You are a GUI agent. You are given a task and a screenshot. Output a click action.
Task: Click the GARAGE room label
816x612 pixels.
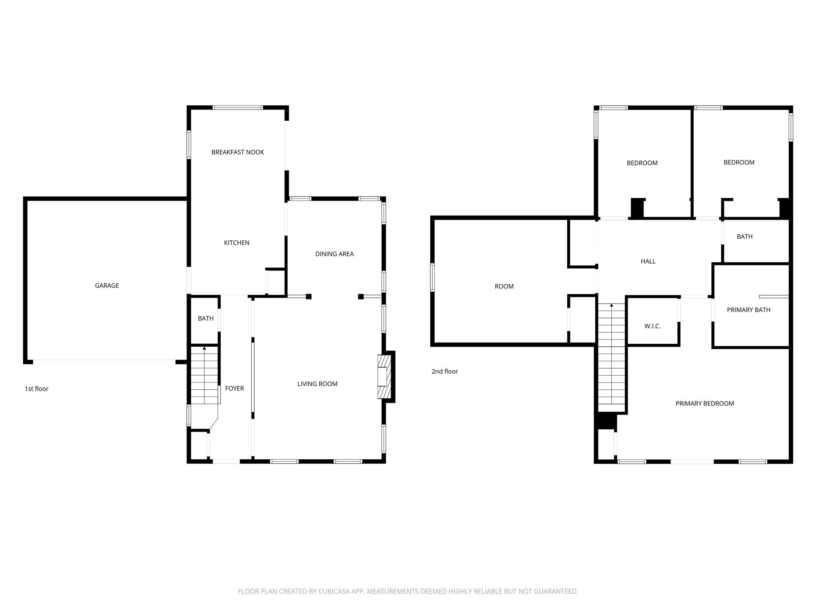click(x=107, y=285)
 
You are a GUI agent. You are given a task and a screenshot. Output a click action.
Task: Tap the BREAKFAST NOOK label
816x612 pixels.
click(x=237, y=152)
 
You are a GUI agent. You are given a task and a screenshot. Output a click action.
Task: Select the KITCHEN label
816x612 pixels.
click(x=237, y=243)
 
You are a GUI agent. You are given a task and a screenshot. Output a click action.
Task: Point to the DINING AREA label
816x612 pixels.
click(x=334, y=254)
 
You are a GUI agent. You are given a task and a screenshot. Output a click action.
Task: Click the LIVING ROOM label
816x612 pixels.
click(x=317, y=384)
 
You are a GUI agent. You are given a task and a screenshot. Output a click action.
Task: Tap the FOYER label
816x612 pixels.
click(x=234, y=388)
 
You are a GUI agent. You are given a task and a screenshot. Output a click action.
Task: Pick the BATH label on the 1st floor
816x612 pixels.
click(x=206, y=318)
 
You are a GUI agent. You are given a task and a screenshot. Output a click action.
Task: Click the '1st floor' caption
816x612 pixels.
click(x=37, y=389)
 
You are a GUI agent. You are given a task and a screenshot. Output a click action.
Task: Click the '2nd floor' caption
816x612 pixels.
click(x=445, y=371)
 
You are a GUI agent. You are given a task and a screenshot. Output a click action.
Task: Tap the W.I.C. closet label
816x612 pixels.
click(x=652, y=326)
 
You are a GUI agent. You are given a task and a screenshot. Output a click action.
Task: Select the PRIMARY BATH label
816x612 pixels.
click(x=748, y=310)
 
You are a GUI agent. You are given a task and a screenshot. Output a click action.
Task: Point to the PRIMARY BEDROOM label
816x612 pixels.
click(x=704, y=403)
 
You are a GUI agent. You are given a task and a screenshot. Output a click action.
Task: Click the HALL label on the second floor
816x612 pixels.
click(x=648, y=261)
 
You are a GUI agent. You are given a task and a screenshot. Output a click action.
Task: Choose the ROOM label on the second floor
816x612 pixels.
click(x=504, y=286)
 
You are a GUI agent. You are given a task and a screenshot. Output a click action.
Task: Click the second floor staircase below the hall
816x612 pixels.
click(x=611, y=359)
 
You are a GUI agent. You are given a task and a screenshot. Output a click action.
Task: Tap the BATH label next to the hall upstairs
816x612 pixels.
click(x=744, y=237)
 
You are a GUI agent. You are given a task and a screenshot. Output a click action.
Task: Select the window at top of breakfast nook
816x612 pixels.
click(x=237, y=108)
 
